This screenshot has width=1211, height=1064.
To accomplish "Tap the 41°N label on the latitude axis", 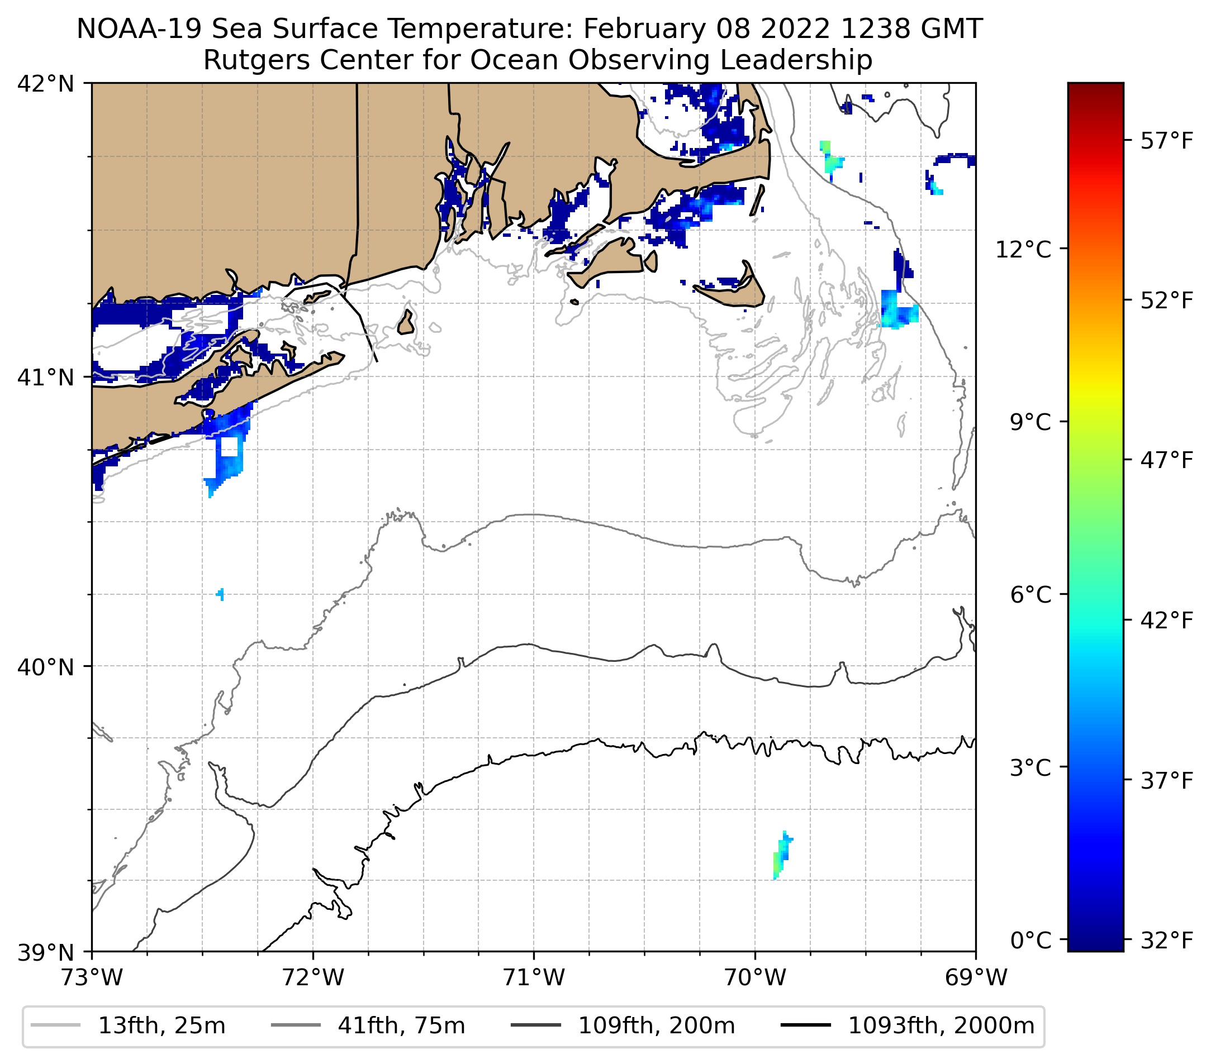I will click(46, 376).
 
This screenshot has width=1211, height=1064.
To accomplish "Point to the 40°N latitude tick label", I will click(46, 667).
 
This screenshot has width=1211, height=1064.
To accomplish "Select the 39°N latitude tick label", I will click(46, 953).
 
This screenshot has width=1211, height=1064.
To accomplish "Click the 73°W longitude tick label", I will click(92, 977).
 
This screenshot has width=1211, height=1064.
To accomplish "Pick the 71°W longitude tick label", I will click(534, 977).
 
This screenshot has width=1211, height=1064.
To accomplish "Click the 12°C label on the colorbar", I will click(1023, 249).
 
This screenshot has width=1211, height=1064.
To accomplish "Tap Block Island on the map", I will click(406, 323).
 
